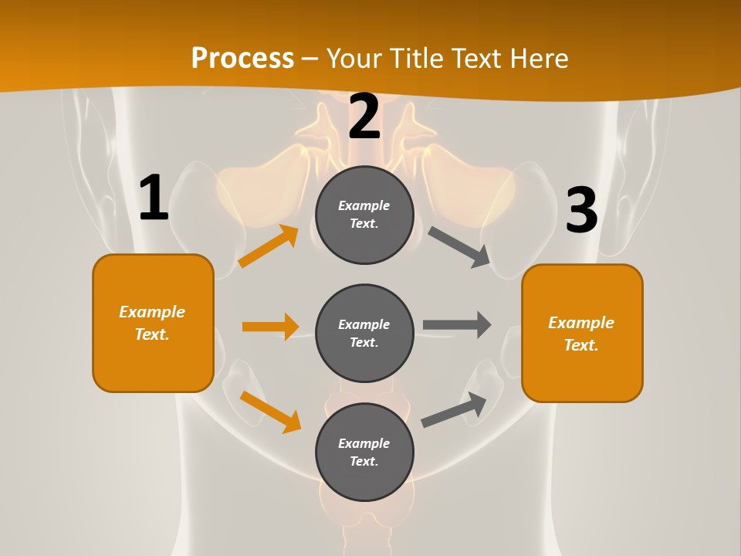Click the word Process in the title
point(242,58)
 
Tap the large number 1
point(154,198)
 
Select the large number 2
point(364,117)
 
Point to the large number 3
point(581,210)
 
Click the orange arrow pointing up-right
point(269,246)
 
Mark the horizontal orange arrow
point(270,327)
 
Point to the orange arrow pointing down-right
point(270,412)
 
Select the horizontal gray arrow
point(457,325)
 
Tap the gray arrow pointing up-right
point(454,410)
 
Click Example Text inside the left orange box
point(152,323)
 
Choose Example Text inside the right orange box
point(581,334)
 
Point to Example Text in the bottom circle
point(364,453)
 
